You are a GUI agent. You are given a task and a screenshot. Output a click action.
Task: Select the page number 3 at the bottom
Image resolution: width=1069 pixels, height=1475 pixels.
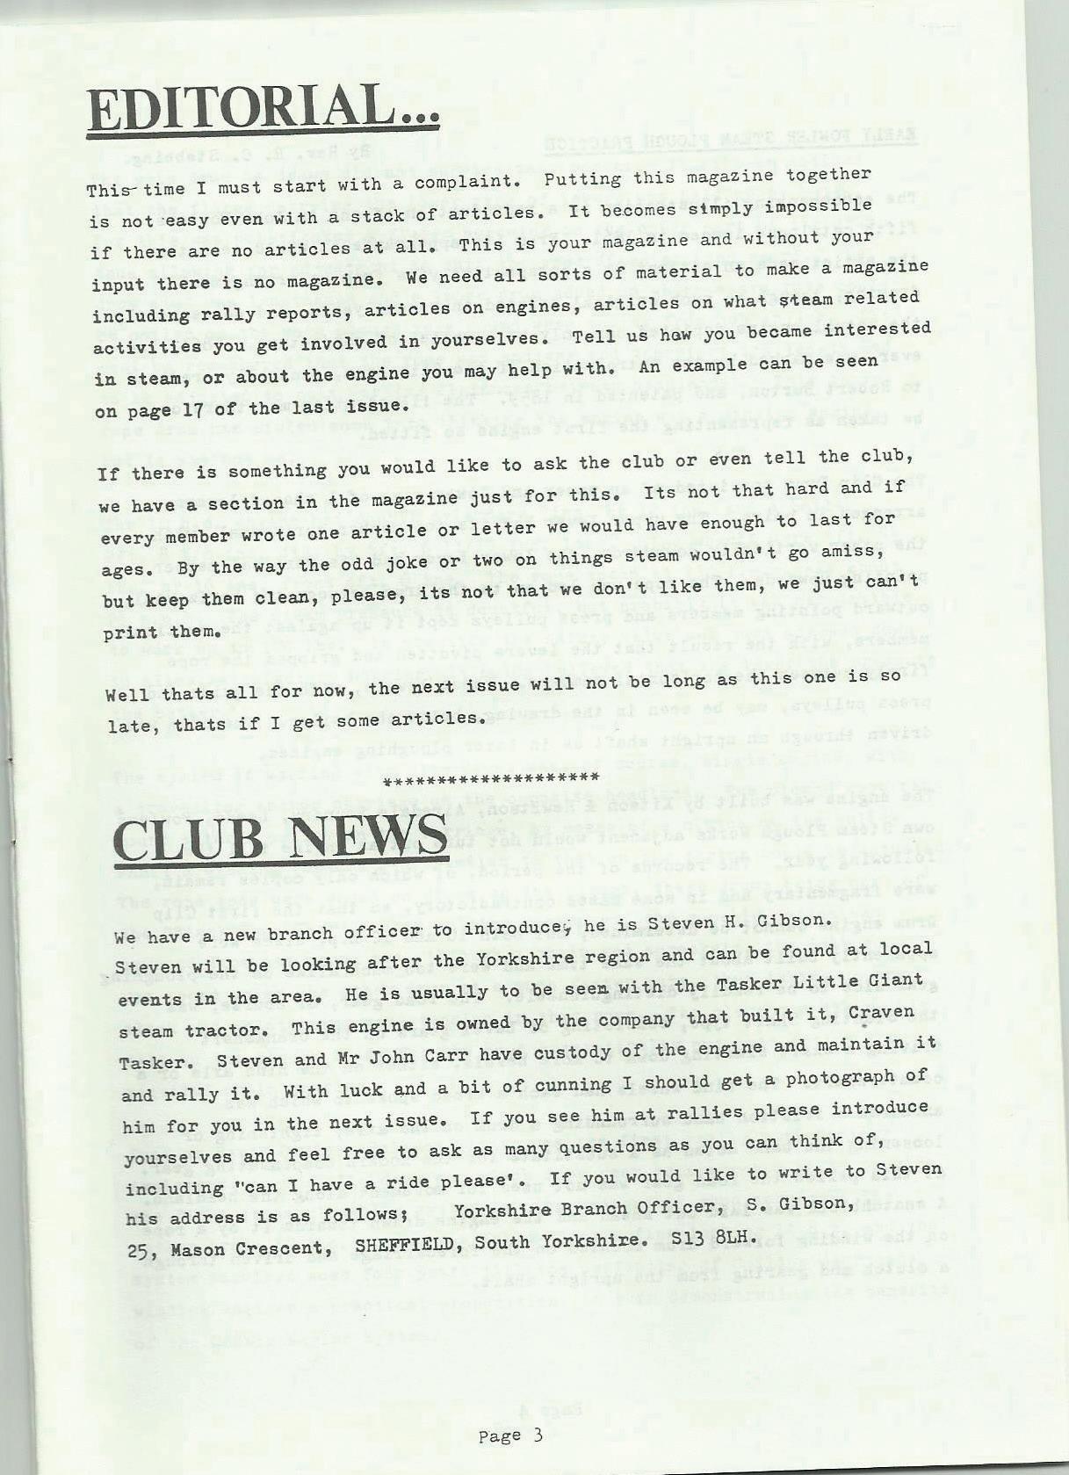click(538, 1435)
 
